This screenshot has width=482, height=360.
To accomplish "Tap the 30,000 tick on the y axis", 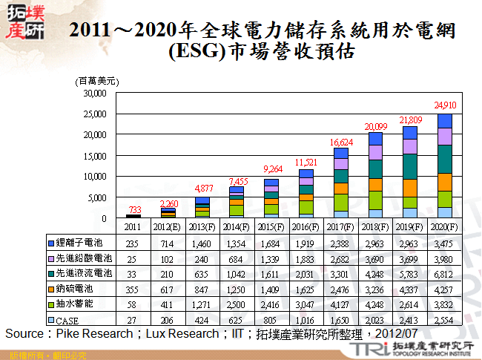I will pos(95,94).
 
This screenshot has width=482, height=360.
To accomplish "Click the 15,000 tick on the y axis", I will pos(95,157).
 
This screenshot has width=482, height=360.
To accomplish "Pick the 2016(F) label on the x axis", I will pos(306,226).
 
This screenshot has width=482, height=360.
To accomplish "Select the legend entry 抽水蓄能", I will pos(79,305).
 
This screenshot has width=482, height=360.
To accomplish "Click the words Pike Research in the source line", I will pos(93,334).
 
